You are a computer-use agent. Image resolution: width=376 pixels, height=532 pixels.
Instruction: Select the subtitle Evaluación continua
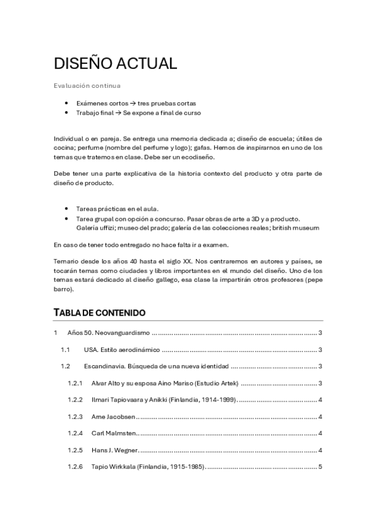point(87,85)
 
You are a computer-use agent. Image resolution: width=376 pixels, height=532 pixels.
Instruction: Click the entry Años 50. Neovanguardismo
point(108,333)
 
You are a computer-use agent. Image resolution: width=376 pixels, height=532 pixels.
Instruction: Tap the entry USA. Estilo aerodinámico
point(122,349)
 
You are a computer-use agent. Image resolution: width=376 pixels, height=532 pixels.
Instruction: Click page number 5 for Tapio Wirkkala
point(320,467)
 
